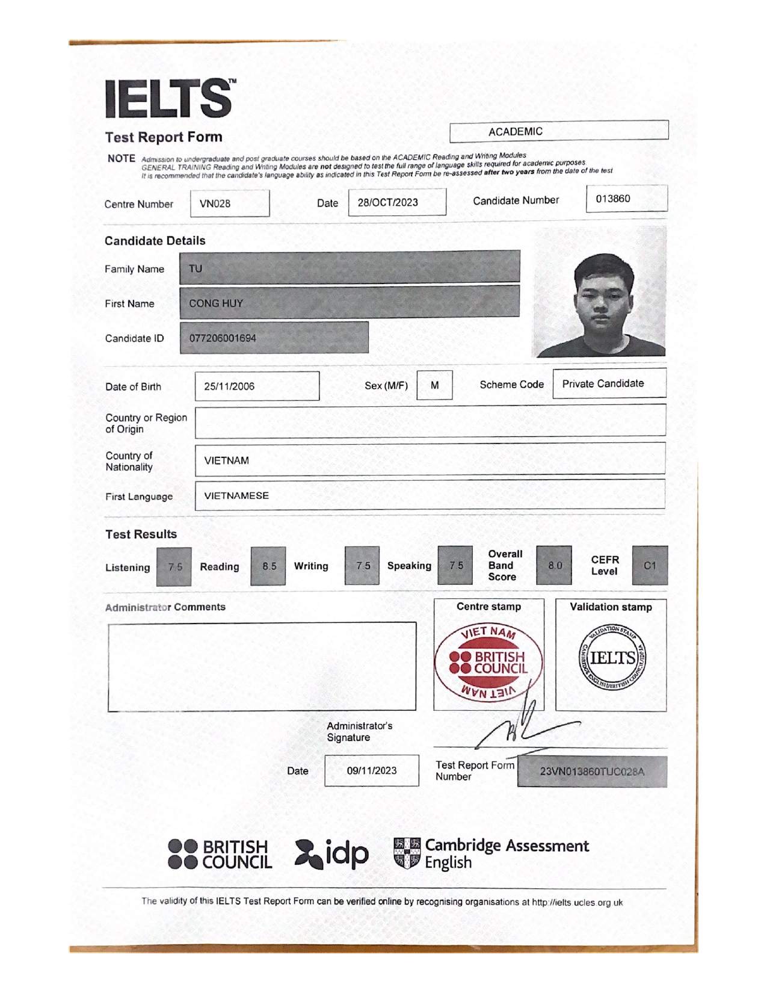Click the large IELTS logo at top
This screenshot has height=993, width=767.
coord(170,98)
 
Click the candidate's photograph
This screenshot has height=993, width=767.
coord(599,292)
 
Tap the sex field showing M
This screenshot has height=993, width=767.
coord(434,385)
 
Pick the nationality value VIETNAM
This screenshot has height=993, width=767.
coord(226,460)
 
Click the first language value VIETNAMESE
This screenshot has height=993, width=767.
coord(236,496)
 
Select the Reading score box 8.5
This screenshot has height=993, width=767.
coord(268,566)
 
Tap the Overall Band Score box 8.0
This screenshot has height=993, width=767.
coord(554,566)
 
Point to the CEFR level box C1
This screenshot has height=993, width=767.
coord(650,566)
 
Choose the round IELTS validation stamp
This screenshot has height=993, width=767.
coord(612,658)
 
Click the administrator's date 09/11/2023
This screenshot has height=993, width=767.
coord(372,770)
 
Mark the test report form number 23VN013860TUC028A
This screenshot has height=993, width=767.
coord(592,772)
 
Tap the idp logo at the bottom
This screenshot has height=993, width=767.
coord(331,854)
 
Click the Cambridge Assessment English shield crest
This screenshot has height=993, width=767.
coord(407,853)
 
